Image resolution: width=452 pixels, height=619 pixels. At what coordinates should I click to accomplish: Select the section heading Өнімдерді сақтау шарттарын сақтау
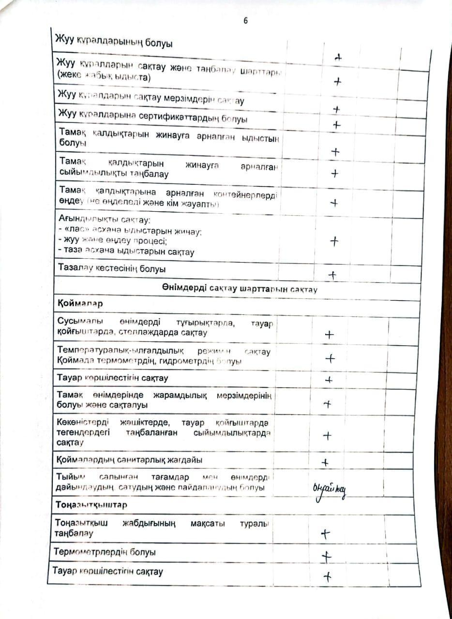[x=240, y=289]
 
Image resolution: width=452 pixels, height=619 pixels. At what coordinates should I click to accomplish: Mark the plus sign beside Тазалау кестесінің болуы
[x=332, y=275]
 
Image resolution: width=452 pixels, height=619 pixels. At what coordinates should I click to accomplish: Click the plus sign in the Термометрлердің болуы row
[x=327, y=557]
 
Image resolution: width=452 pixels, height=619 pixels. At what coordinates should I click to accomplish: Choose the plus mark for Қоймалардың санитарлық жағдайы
[x=325, y=462]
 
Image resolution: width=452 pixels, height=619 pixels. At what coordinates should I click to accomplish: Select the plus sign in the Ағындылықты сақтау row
[x=334, y=241]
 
